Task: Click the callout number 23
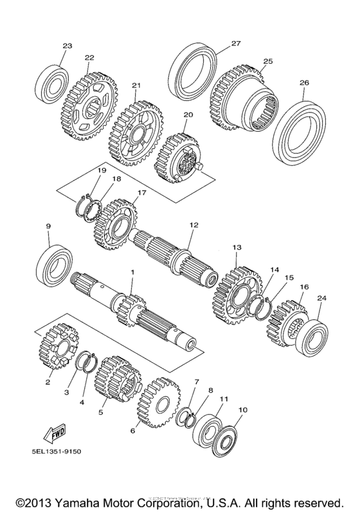(x=67, y=46)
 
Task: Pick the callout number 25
(x=267, y=60)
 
